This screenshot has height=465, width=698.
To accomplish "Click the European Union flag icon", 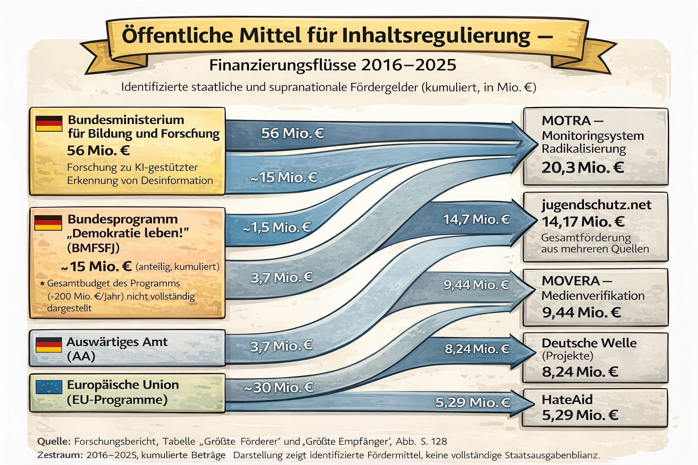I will pos(49,387).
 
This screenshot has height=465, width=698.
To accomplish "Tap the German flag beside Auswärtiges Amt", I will pos(49,345).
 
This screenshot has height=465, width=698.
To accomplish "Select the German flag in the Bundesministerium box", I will pos(49,124).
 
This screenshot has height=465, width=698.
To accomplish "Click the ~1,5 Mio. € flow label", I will pos(277,227).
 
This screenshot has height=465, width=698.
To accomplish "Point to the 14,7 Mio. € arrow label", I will pos(476,219).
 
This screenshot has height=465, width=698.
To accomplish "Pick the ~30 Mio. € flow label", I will pos(279,387).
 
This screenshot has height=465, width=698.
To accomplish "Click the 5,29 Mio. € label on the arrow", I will pos(473,402).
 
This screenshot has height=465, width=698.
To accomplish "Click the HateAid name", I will pos(567,400).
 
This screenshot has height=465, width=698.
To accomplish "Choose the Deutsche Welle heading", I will pos(589,343).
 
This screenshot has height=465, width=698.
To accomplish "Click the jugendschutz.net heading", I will pos(596,205).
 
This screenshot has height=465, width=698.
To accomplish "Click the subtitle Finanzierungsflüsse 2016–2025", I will pos(333,65).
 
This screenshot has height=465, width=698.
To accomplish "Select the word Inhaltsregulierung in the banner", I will pos(436,35).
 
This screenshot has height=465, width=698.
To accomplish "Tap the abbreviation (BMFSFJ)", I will pos(93,247).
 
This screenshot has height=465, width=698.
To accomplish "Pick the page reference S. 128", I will pos(434,441).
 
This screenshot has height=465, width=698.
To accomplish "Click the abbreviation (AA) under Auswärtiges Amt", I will pos(81,356).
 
